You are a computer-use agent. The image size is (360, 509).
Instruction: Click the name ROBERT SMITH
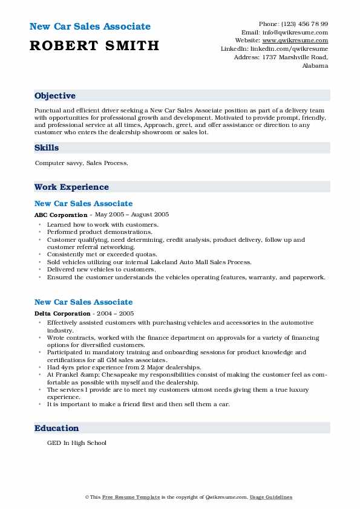pyautogui.click(x=94, y=45)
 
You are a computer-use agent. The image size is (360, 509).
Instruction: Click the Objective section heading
pyautogui.click(x=55, y=96)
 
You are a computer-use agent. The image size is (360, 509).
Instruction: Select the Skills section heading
pyautogui.click(x=47, y=148)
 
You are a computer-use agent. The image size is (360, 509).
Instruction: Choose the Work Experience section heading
pyautogui.click(x=71, y=187)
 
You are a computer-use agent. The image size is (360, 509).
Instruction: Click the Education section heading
pyautogui.click(x=57, y=428)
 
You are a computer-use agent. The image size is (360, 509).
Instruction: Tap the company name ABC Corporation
pyautogui.click(x=61, y=215)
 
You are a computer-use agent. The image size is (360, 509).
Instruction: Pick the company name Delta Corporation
pyautogui.click(x=62, y=314)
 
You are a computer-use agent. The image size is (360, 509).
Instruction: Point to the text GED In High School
pyautogui.click(x=76, y=443)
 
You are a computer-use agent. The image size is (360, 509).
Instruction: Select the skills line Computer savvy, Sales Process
pyautogui.click(x=81, y=163)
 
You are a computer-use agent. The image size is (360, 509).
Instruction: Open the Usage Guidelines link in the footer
pyautogui.click(x=272, y=497)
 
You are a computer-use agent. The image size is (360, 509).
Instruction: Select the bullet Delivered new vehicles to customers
pyautogui.click(x=101, y=270)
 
